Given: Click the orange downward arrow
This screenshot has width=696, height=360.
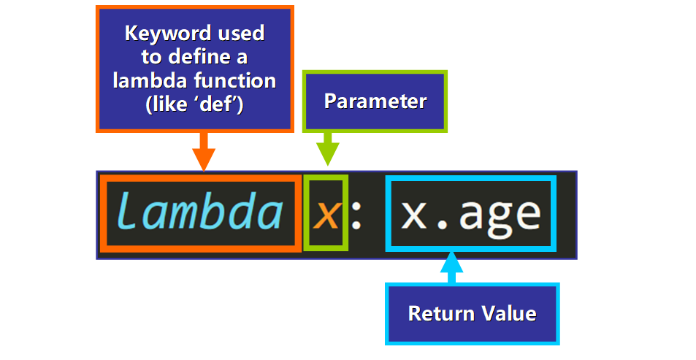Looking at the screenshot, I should (204, 152).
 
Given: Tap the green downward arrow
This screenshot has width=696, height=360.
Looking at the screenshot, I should (326, 151).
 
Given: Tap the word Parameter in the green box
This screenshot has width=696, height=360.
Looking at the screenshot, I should (375, 101).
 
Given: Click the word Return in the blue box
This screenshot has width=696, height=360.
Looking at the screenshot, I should (437, 314).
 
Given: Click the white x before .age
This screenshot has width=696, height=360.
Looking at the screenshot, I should (415, 214).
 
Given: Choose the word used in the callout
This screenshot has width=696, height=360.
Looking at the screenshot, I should (237, 34).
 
